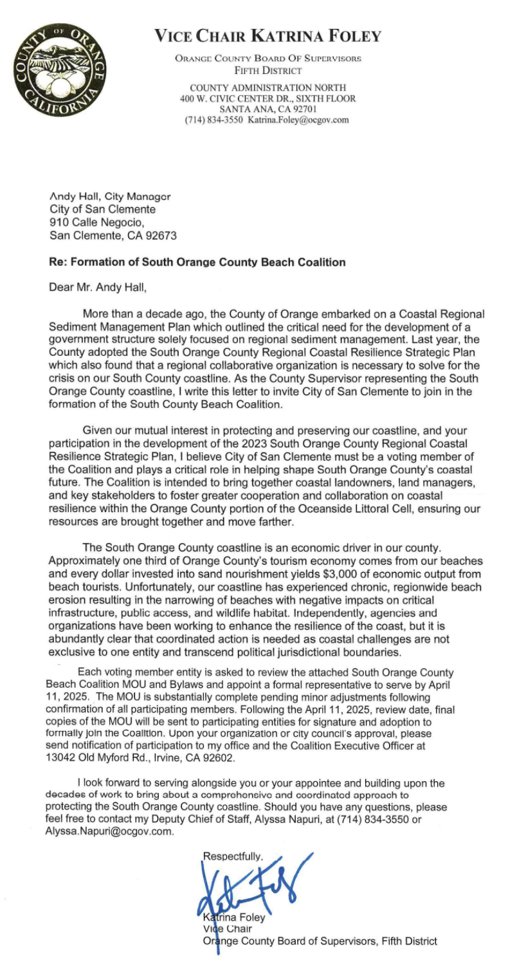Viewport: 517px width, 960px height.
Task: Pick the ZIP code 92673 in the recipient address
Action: pos(159,235)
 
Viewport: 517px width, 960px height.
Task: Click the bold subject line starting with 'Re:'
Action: pos(197,262)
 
